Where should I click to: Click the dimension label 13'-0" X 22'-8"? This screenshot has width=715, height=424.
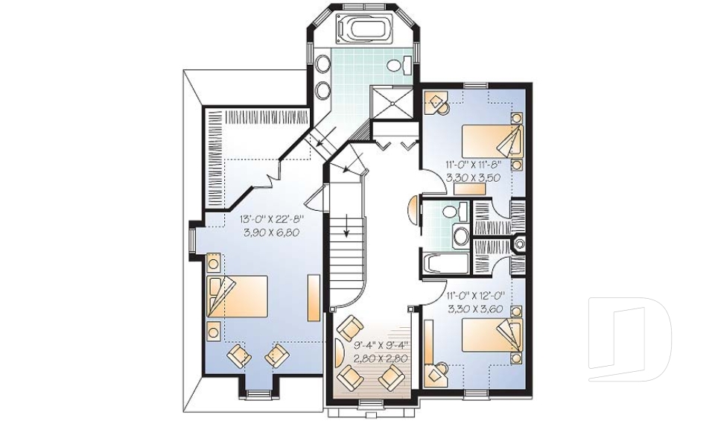pyautogui.click(x=272, y=220)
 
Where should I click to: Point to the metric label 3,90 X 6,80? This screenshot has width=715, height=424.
pyautogui.click(x=272, y=232)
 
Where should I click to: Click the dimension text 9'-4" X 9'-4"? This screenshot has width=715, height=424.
pyautogui.click(x=370, y=344)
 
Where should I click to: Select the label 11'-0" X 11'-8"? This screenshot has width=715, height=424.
pyautogui.click(x=472, y=165)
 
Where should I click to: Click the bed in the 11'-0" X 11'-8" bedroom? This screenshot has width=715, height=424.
pyautogui.click(x=492, y=141)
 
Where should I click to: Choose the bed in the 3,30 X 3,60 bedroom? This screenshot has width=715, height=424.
pyautogui.click(x=492, y=336)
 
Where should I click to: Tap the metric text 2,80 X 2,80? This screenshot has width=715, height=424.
pyautogui.click(x=370, y=358)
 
